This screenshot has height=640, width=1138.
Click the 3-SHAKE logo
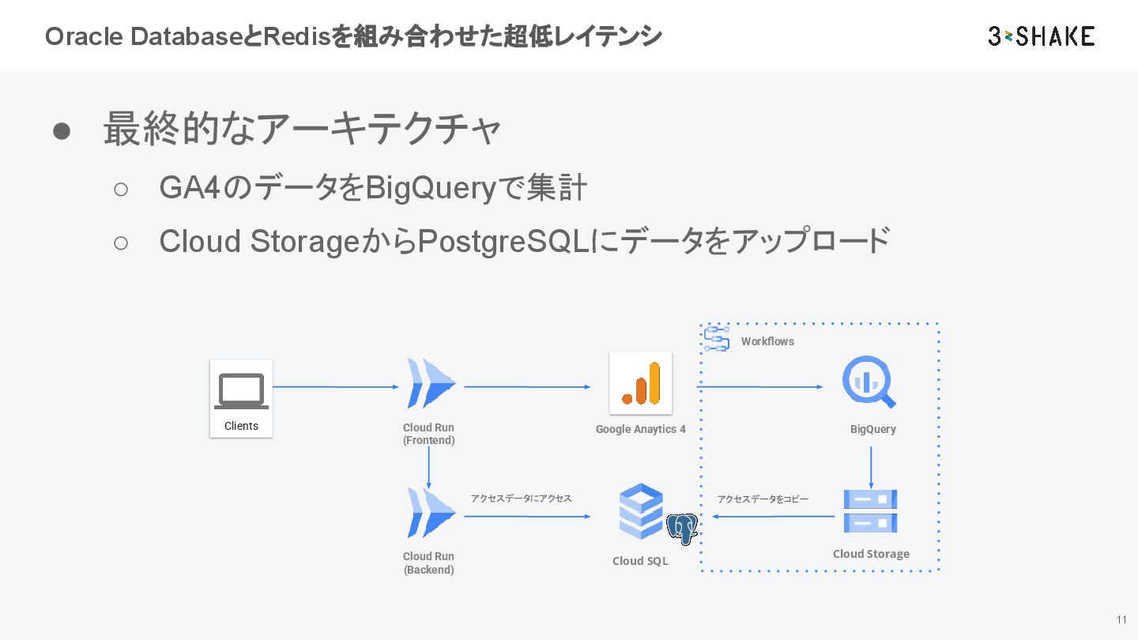pos(1041,36)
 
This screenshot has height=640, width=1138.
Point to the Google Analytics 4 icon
pos(640,383)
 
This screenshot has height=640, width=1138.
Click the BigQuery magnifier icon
pos(868,382)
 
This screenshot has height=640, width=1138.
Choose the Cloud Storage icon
pos(870,511)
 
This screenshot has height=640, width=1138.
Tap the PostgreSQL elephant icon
pos(681,529)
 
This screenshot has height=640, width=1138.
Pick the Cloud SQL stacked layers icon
pos(640,510)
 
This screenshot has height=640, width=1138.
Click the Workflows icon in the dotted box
pos(716,339)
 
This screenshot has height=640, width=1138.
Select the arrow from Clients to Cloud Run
pos(336,387)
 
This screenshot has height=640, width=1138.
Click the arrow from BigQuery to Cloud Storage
pos(871,468)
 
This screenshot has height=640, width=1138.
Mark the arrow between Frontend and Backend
pos(428,468)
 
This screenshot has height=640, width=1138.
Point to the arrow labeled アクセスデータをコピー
pos(774,517)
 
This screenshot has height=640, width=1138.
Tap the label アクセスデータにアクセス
pos(521,499)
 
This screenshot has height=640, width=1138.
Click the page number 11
pos(1121,619)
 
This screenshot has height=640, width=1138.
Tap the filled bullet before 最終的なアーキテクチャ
pos(62,131)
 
